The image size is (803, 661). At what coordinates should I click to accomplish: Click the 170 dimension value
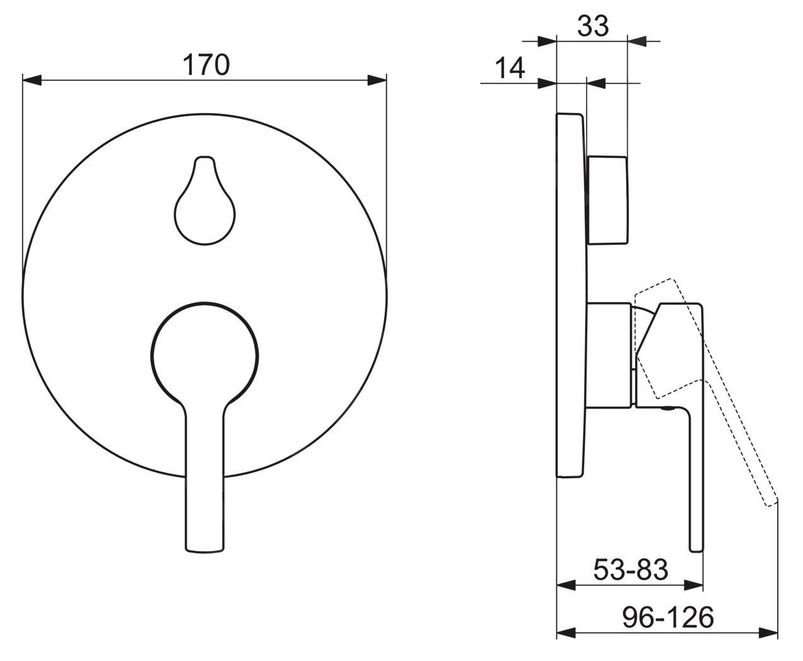206,64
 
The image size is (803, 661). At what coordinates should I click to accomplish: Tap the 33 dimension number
593,26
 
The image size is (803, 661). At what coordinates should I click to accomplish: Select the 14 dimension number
510,68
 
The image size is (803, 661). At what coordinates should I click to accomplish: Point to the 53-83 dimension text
631,570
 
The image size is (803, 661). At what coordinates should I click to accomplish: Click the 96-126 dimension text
668,617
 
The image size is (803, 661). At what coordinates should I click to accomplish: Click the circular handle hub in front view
204,356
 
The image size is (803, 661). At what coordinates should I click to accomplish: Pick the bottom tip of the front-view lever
204,552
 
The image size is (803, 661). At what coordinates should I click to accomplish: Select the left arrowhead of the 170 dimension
32,80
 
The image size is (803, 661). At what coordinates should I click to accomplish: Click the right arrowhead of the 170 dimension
377,80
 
